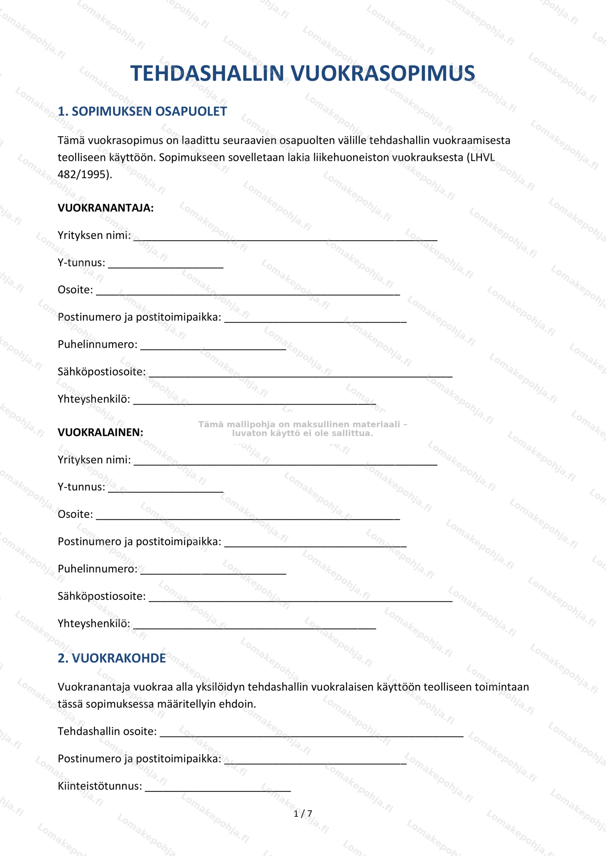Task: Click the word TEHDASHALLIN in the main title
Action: (x=207, y=73)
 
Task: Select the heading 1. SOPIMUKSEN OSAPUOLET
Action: (x=142, y=111)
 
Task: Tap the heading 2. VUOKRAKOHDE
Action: (x=111, y=658)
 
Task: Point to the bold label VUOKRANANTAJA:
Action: (x=106, y=208)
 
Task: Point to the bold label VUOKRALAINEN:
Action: (x=100, y=432)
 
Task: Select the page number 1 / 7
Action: (x=302, y=814)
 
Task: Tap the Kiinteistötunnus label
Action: (x=100, y=786)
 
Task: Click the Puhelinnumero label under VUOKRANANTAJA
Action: (x=97, y=344)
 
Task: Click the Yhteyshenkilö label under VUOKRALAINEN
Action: (x=94, y=623)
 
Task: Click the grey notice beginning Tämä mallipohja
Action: (x=302, y=428)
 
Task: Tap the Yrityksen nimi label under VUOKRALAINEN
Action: (x=94, y=460)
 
